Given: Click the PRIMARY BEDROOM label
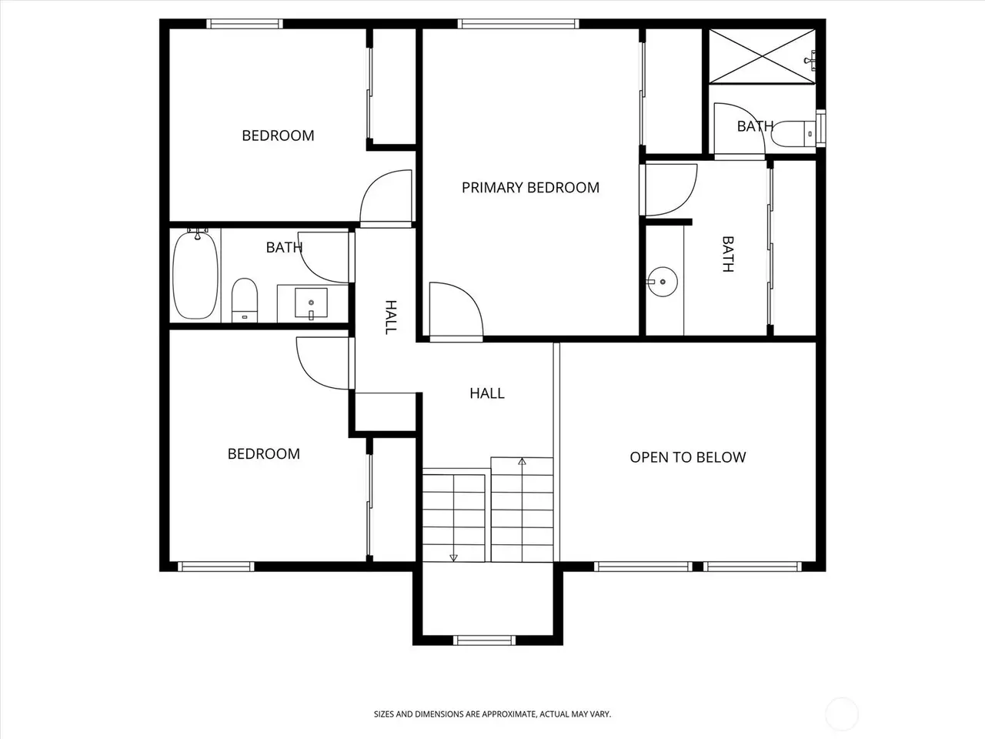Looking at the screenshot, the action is click(530, 188).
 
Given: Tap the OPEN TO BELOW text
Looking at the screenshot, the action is click(688, 457).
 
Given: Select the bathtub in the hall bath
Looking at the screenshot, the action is click(195, 275).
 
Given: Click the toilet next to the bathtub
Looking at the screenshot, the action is click(245, 299).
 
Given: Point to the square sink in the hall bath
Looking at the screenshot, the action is click(311, 303).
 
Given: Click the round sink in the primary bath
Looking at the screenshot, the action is click(662, 282).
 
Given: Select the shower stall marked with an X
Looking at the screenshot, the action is click(762, 56).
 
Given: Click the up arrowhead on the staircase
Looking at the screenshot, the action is click(522, 461).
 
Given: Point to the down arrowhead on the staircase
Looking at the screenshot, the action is click(453, 558).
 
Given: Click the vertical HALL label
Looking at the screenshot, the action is click(391, 317).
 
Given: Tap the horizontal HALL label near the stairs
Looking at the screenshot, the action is click(487, 393).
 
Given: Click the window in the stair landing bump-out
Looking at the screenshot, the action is click(485, 640).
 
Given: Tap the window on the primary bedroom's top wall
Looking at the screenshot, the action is click(519, 24).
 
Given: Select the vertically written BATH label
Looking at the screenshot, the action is click(728, 254).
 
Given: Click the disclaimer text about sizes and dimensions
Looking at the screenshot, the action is click(492, 714).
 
